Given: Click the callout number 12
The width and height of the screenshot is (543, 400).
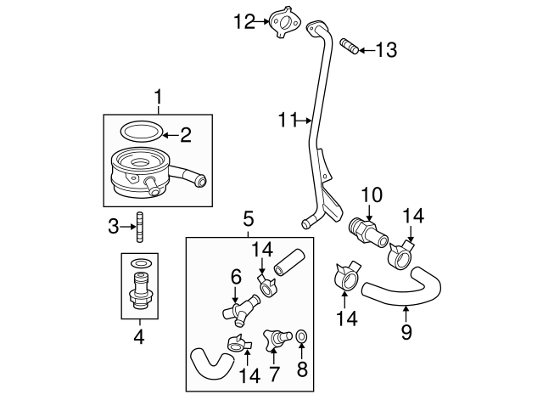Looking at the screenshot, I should (x=244, y=21).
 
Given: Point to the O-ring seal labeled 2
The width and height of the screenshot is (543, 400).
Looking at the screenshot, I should (x=141, y=132).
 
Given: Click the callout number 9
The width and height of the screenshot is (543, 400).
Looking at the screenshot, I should (x=406, y=332).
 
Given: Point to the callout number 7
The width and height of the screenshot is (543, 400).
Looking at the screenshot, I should (x=275, y=375).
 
